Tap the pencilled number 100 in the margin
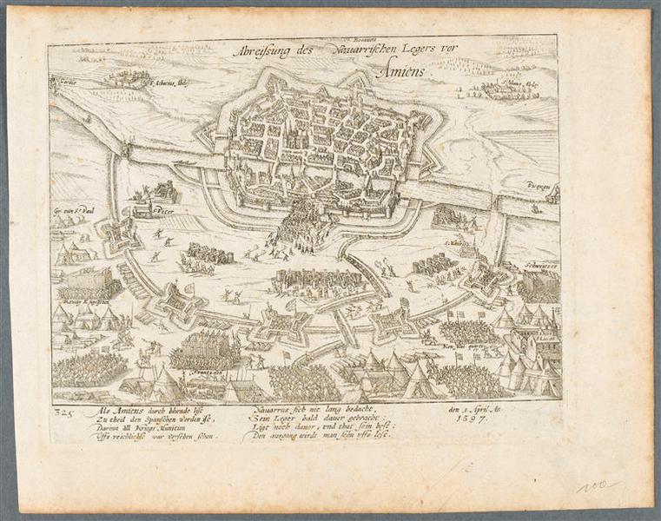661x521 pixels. tap(596, 485)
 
